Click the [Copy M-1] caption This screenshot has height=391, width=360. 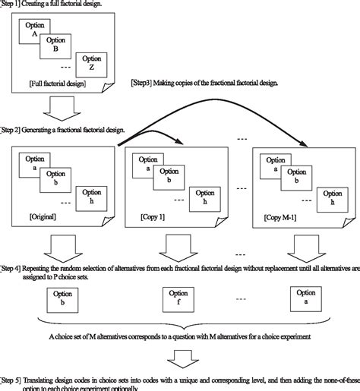(x=282, y=216)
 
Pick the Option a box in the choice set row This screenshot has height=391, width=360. (x=306, y=298)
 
